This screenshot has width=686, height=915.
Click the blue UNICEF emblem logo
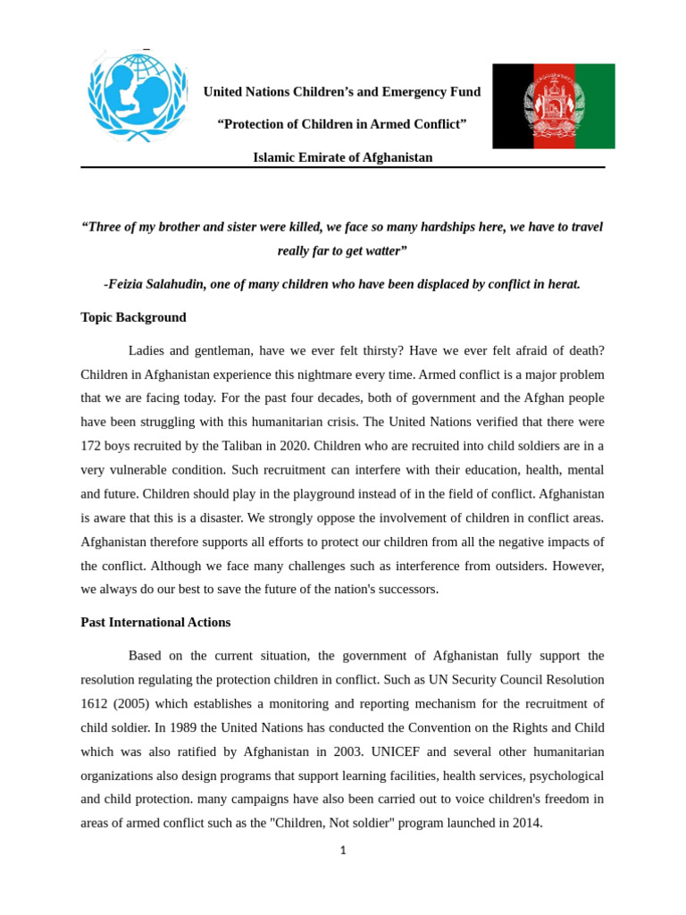coord(138,95)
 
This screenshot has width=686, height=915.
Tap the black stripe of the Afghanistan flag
coord(513,105)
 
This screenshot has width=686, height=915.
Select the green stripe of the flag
coord(594,105)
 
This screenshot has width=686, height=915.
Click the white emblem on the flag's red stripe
coord(554,105)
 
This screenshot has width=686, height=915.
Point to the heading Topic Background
coord(133,317)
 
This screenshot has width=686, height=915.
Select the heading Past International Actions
coord(155,622)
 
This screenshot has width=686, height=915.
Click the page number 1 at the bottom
coord(343,851)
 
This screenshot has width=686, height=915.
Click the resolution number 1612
coord(96,703)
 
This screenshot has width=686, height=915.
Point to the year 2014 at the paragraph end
coord(523,823)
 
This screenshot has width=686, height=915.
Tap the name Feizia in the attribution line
coord(129,284)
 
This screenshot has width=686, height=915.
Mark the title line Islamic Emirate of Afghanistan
coord(342,157)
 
